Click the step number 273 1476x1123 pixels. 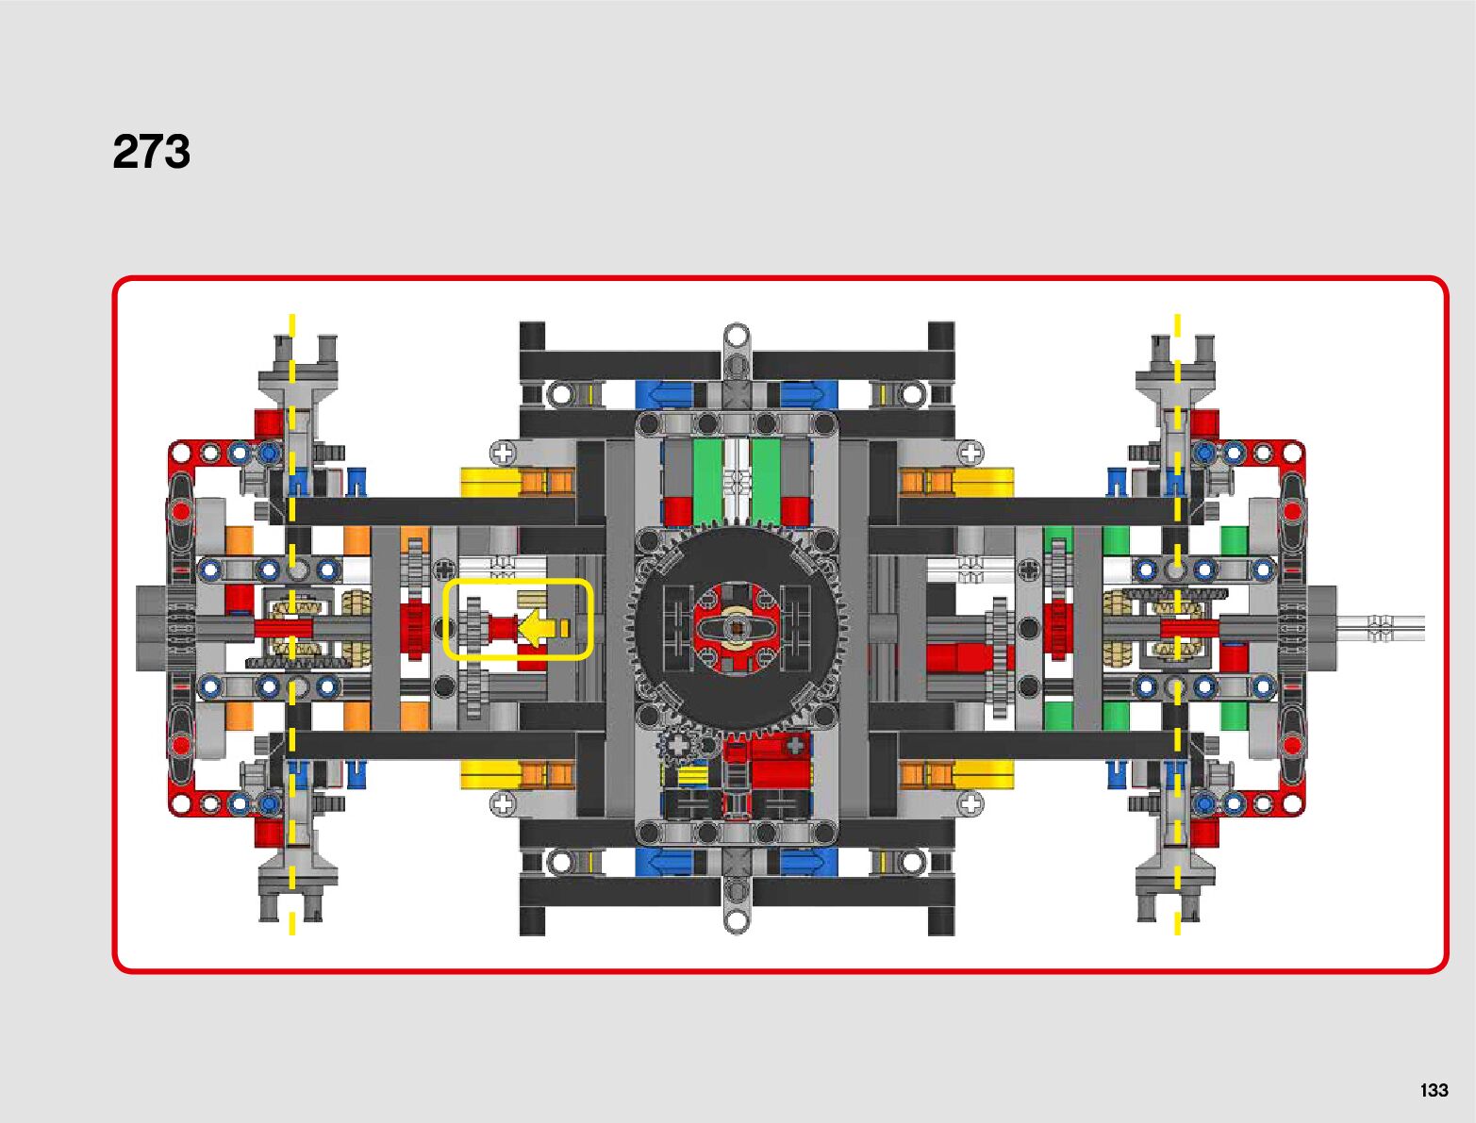(151, 152)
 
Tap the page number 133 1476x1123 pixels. (1433, 1090)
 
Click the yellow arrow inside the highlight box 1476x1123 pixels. (538, 628)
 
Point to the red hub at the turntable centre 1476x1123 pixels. (737, 628)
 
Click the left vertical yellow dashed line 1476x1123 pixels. (292, 471)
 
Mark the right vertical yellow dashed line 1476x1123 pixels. (1177, 471)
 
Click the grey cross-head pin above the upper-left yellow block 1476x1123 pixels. (504, 454)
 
